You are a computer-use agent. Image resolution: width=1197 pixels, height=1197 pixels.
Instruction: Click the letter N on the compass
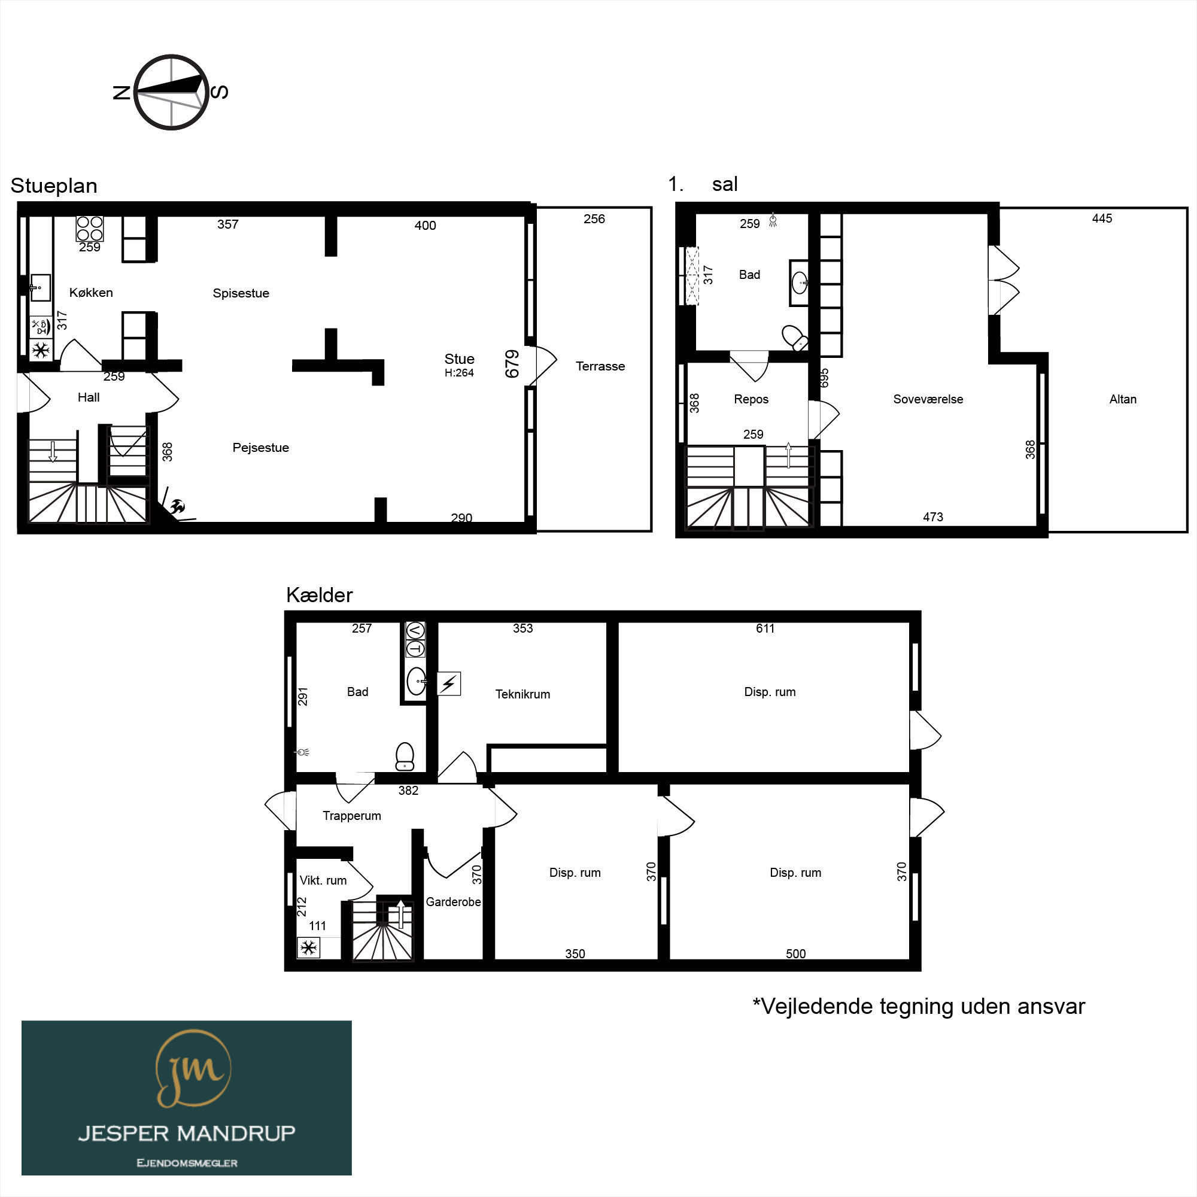(121, 93)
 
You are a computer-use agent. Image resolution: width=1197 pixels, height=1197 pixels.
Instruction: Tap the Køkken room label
(91, 293)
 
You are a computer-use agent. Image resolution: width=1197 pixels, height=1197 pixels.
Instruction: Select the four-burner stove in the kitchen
(90, 228)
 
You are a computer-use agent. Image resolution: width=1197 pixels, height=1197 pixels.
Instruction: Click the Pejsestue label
(261, 447)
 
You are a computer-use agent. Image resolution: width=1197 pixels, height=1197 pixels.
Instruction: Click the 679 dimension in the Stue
(512, 364)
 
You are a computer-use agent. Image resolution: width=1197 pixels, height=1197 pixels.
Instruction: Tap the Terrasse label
(600, 366)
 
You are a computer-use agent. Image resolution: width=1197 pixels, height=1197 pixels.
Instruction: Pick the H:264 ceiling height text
(459, 373)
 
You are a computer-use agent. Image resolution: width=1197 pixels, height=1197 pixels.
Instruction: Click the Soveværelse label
(928, 399)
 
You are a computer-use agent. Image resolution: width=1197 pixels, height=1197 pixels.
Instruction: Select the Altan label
(1123, 399)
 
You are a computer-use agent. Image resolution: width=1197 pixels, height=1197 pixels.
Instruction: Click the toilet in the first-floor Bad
(795, 338)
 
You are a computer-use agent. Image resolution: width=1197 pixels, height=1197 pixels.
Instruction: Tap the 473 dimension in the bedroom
(933, 517)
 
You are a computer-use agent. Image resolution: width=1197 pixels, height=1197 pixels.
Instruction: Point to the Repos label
(751, 399)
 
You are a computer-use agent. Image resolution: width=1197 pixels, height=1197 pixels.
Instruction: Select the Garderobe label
(454, 901)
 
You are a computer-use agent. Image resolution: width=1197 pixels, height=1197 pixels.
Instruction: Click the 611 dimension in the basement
(765, 628)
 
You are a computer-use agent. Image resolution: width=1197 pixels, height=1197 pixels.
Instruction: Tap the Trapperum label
(352, 815)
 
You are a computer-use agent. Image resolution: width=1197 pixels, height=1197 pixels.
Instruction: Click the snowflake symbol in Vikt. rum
(309, 947)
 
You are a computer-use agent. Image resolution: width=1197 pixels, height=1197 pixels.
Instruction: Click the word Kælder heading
(319, 595)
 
